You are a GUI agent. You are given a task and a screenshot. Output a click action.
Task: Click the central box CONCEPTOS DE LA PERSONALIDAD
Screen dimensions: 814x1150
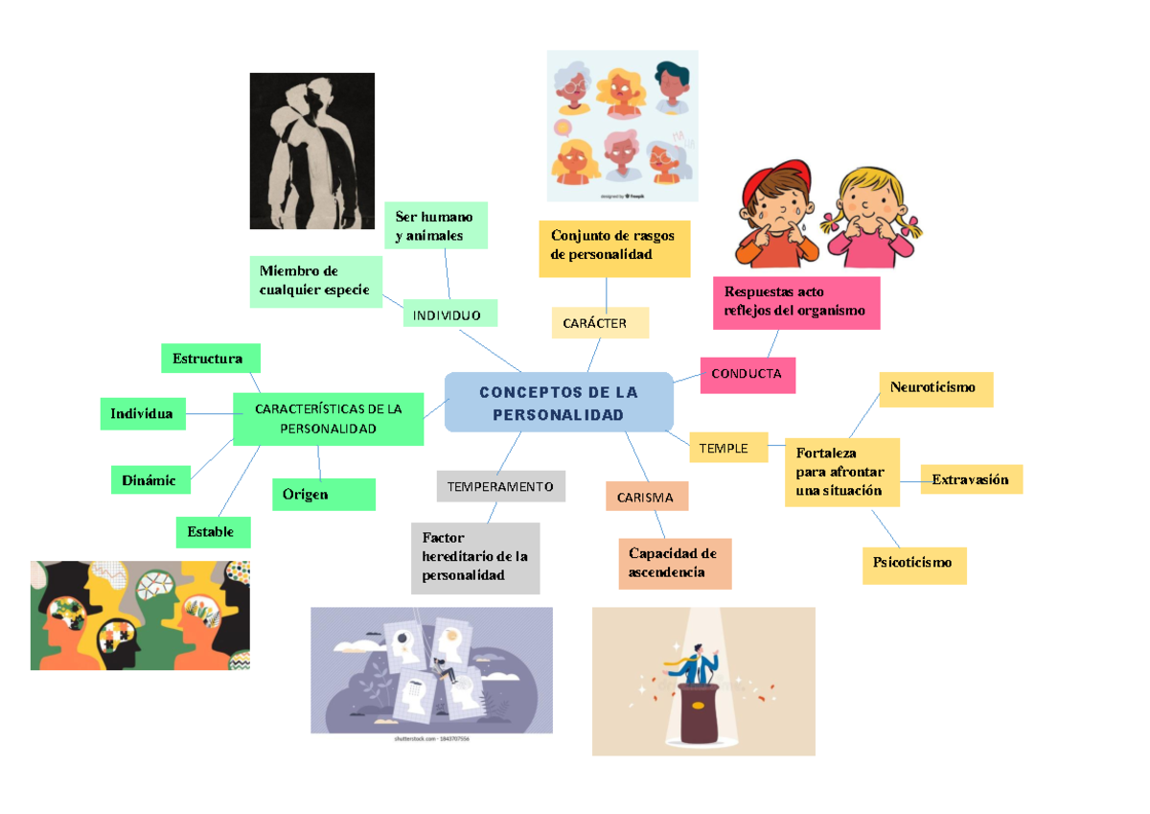(x=560, y=403)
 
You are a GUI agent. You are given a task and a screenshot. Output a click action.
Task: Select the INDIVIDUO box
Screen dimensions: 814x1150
(x=447, y=314)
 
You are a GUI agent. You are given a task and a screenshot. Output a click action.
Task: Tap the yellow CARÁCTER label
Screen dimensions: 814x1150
(x=600, y=323)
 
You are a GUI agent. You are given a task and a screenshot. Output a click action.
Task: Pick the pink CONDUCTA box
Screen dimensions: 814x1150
(x=747, y=374)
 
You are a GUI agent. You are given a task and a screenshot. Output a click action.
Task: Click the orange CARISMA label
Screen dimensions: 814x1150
(x=646, y=498)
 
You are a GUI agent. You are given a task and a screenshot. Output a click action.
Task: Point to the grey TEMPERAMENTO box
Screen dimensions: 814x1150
(x=500, y=486)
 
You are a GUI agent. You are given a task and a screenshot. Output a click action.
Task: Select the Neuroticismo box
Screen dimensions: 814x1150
(x=935, y=388)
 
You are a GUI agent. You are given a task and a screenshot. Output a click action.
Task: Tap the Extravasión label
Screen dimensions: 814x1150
(x=971, y=479)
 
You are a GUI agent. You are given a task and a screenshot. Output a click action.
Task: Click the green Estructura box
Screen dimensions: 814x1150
(x=210, y=360)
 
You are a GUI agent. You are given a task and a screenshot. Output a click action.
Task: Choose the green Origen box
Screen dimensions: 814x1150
(x=323, y=495)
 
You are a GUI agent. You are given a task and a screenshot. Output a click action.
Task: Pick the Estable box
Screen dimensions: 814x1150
(x=212, y=531)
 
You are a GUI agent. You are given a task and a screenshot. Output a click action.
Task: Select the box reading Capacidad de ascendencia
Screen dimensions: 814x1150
(x=675, y=563)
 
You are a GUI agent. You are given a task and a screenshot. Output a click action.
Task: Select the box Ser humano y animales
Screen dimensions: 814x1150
(x=434, y=225)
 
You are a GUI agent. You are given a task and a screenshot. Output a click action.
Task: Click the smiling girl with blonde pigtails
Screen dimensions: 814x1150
(x=868, y=219)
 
